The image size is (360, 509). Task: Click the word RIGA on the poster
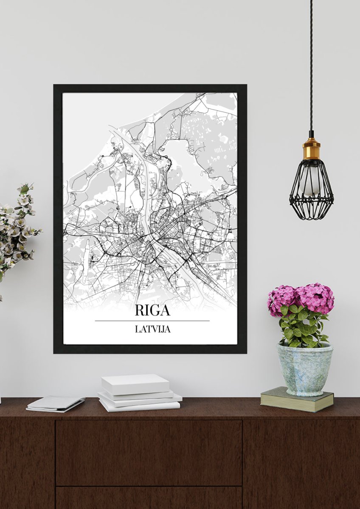pos(152,310)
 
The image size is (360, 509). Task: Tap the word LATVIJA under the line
pos(152,329)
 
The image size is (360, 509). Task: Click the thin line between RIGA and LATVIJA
pos(152,321)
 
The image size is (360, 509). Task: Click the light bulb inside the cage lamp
pos(309,182)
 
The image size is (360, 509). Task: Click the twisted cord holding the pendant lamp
pos(311,64)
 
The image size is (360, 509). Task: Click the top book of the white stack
pos(135,383)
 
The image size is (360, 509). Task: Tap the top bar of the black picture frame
pos(150,88)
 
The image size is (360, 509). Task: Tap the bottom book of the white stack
pos(140,406)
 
